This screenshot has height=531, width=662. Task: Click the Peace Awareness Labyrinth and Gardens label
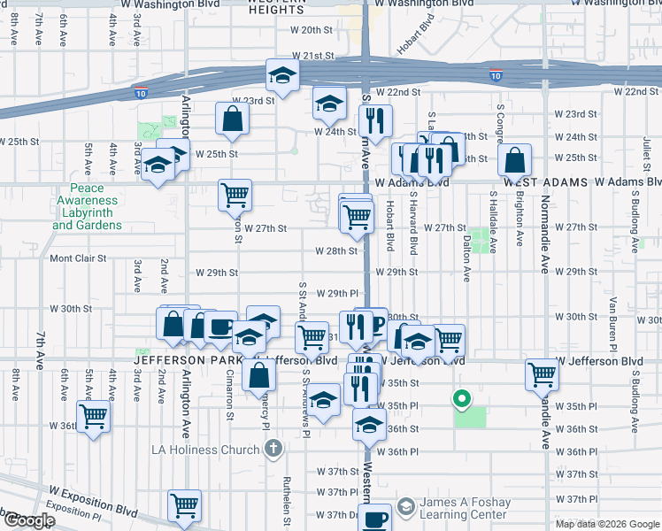pyautogui.click(x=87, y=206)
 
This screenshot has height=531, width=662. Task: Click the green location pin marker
pyautogui.click(x=460, y=399)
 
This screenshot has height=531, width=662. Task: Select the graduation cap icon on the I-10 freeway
pyautogui.click(x=282, y=75)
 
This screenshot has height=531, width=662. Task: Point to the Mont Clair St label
pyautogui.click(x=78, y=259)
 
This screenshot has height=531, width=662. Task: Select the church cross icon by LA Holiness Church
pyautogui.click(x=274, y=449)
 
